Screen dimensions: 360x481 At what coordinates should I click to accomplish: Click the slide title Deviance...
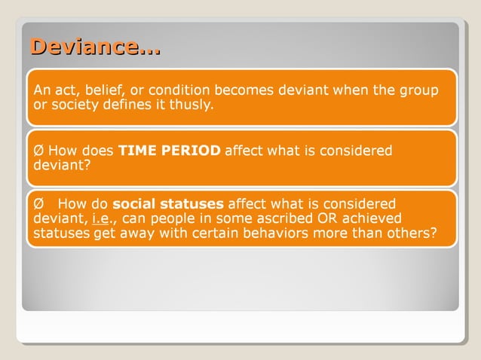point(94,47)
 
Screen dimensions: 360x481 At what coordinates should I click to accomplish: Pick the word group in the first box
point(420,91)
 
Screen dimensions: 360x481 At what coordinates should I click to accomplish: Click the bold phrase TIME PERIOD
point(169,151)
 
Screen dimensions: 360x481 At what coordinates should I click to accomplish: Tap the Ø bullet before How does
point(38,151)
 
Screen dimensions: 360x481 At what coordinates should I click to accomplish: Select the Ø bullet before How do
point(38,204)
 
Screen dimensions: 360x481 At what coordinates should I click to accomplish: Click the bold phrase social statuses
point(167,204)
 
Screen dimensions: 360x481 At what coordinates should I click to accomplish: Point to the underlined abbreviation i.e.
point(102,219)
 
